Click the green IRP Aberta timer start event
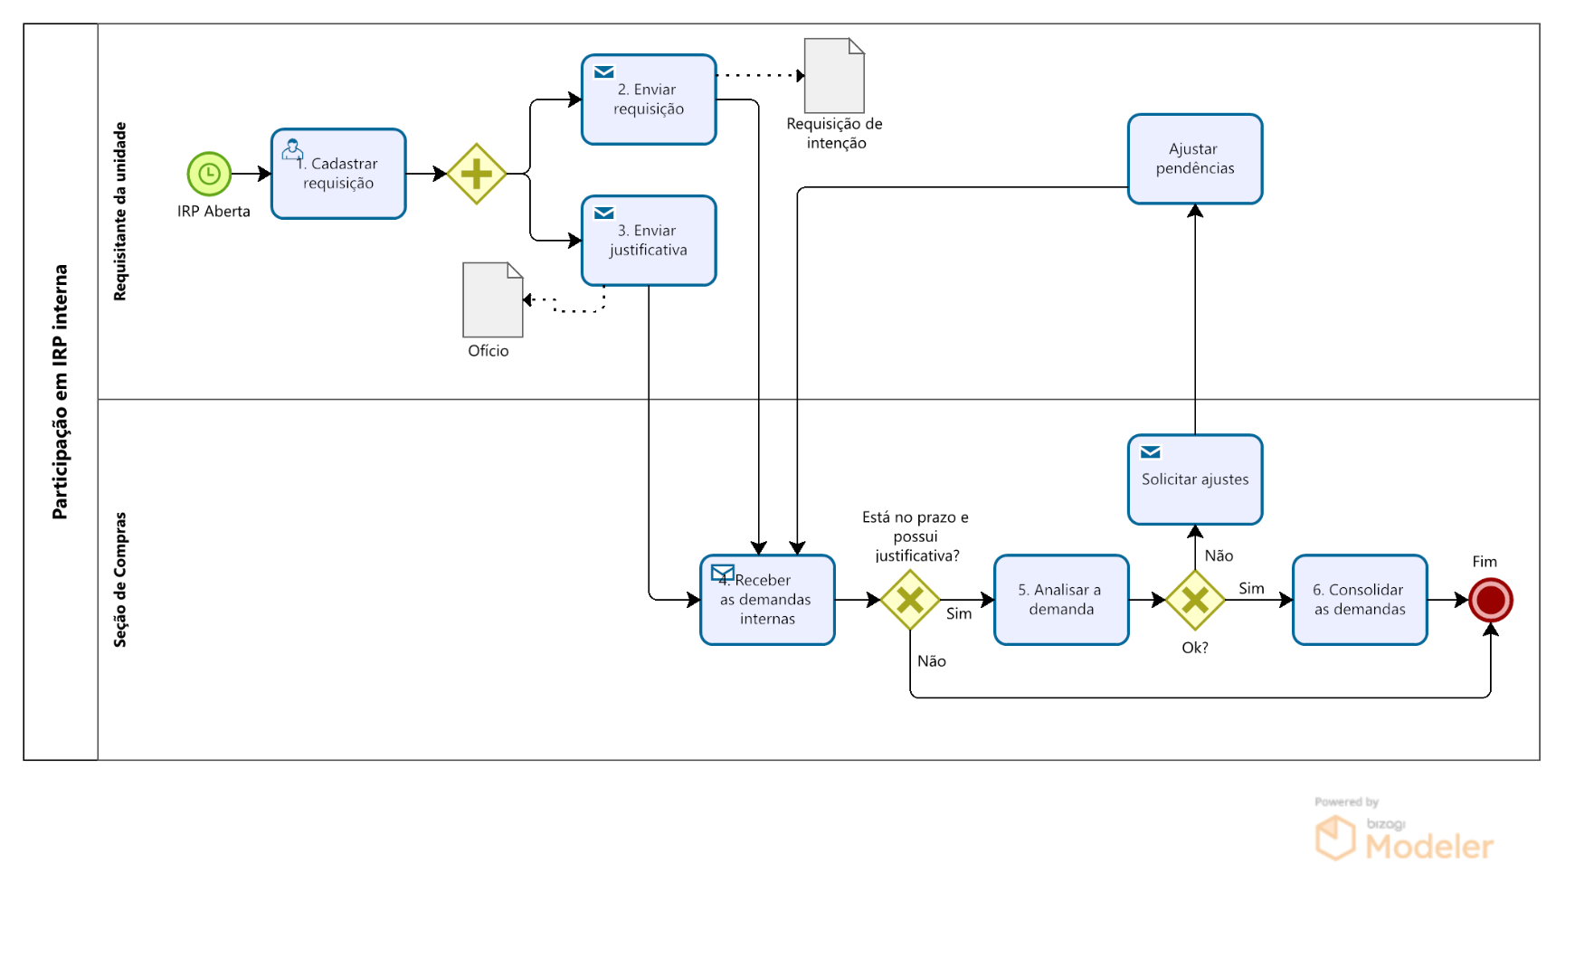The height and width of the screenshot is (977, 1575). (x=209, y=174)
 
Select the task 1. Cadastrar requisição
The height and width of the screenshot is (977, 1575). (x=338, y=174)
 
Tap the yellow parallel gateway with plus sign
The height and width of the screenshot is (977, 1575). (x=476, y=174)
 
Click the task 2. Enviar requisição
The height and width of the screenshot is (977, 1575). (x=649, y=100)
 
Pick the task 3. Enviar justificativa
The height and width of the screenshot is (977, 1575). (x=649, y=241)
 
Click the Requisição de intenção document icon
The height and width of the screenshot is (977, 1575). (x=834, y=76)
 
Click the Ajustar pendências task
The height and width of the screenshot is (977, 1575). (x=1194, y=159)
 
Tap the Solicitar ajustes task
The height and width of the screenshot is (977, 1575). (x=1194, y=479)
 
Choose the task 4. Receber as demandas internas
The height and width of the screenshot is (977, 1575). (x=767, y=600)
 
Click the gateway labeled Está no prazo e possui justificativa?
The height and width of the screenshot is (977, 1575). (x=910, y=600)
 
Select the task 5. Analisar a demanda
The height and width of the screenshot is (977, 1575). (x=1061, y=600)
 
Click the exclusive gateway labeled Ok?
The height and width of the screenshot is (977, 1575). (x=1194, y=600)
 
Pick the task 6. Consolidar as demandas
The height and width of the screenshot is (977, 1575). (x=1360, y=600)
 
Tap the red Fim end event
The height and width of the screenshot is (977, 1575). (x=1490, y=600)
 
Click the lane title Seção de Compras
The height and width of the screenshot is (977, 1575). (x=120, y=580)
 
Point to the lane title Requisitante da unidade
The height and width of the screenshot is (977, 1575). (x=120, y=212)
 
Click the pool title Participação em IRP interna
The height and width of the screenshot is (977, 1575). (x=61, y=392)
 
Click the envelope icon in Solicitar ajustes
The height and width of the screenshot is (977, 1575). (x=1150, y=452)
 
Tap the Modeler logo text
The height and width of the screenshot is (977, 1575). (x=1428, y=847)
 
